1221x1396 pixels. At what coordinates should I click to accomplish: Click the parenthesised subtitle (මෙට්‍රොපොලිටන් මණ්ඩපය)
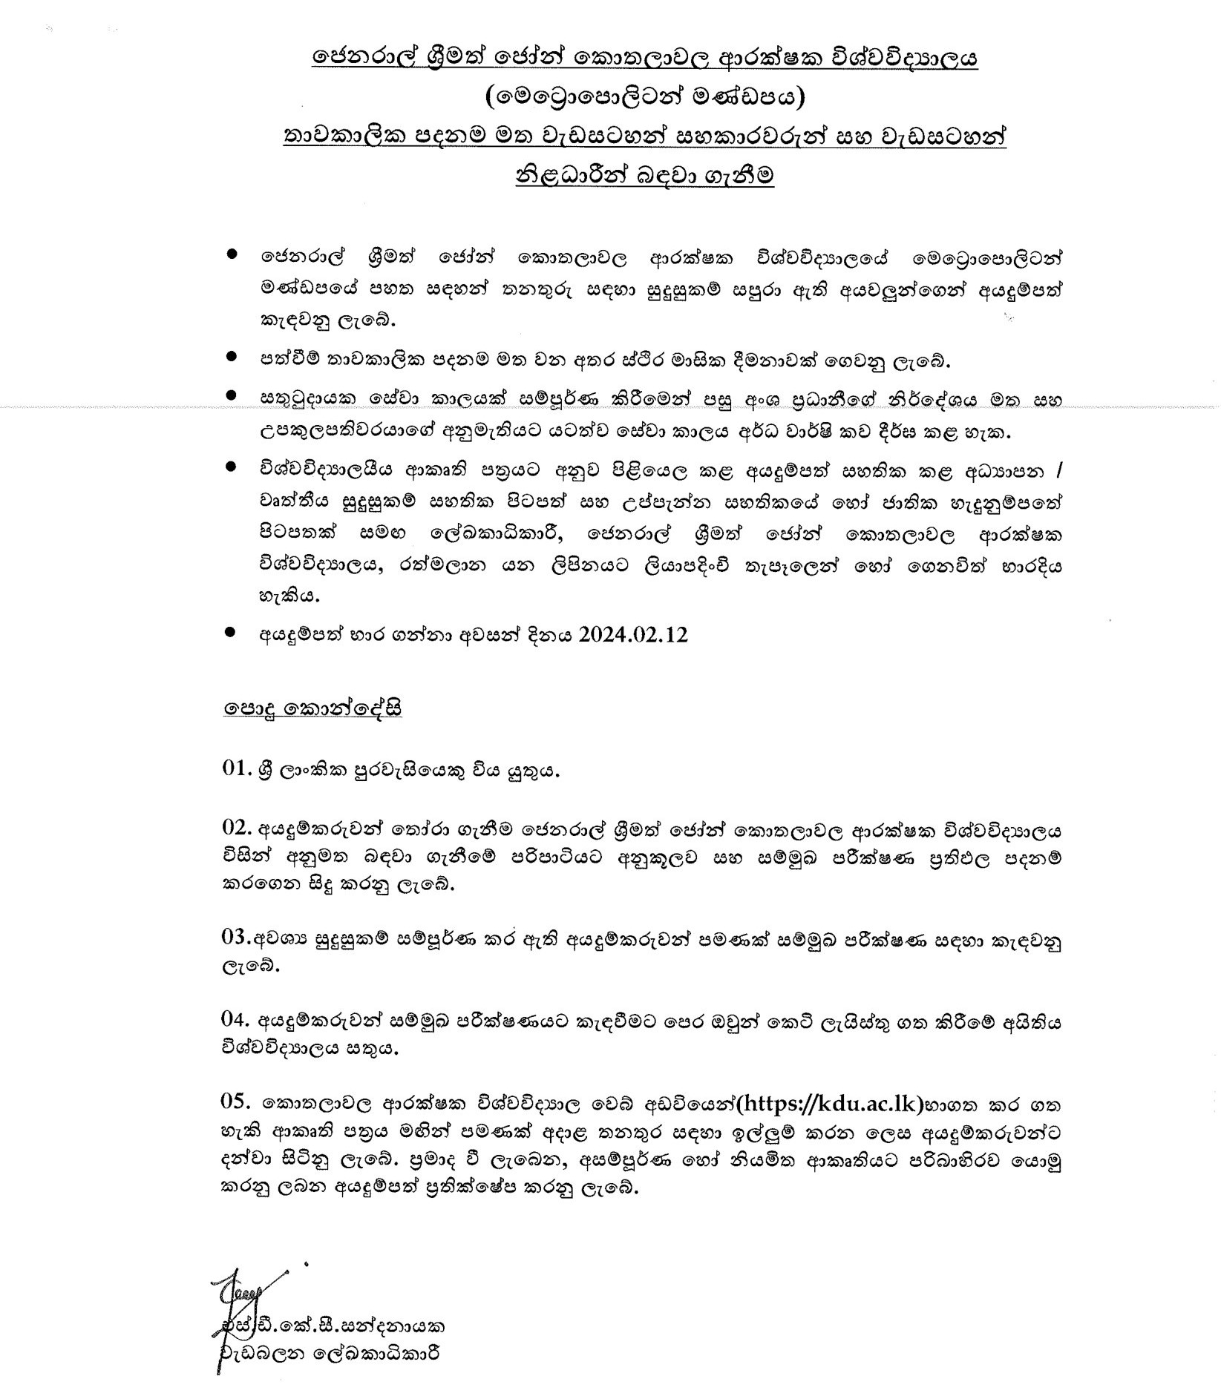[x=644, y=97]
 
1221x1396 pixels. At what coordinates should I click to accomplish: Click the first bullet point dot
[x=232, y=254]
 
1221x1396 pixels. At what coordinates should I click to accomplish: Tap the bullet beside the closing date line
[x=232, y=633]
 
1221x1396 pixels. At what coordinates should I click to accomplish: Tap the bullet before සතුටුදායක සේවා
[x=232, y=397]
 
